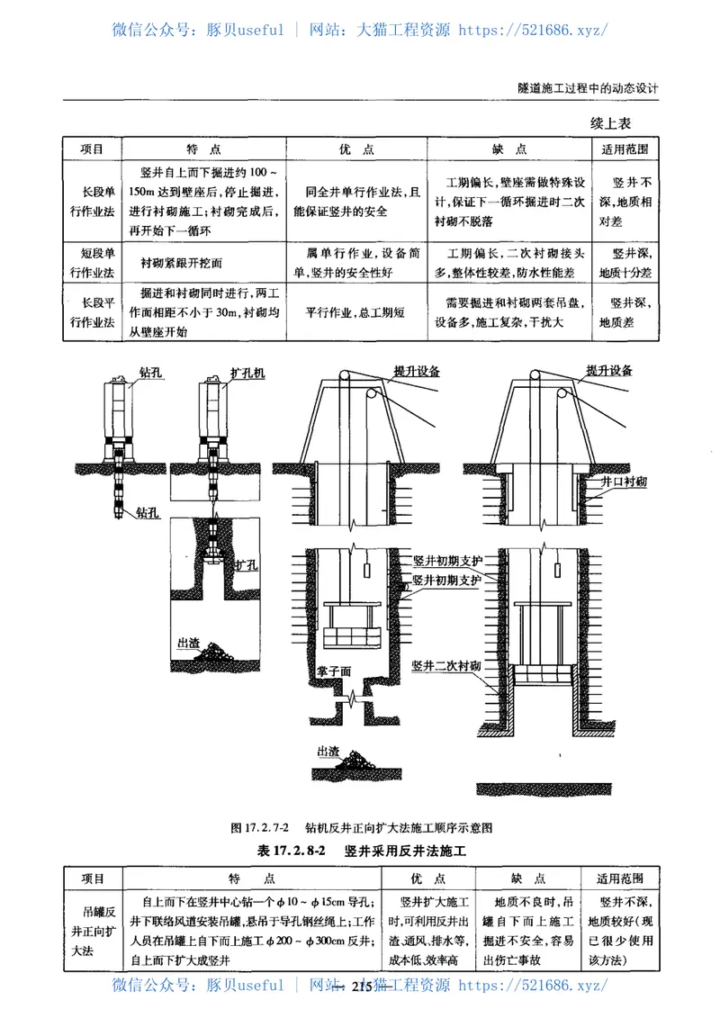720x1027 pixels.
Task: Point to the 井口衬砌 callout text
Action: click(625, 482)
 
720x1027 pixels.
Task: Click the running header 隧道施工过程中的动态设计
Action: click(589, 89)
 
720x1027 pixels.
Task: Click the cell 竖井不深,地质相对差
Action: click(625, 201)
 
